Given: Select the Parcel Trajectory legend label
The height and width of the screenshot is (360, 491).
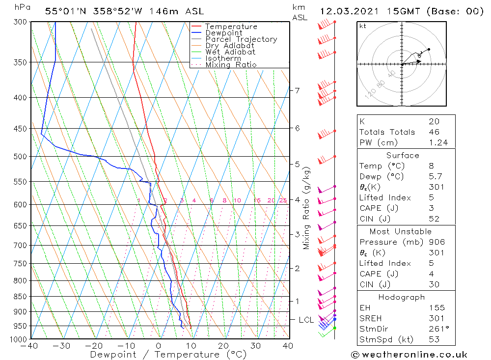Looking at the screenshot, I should pyautogui.click(x=241, y=39).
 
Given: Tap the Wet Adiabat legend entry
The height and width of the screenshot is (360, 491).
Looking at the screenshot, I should pyautogui.click(x=230, y=52).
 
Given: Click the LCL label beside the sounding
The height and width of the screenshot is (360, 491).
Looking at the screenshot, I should pyautogui.click(x=306, y=320).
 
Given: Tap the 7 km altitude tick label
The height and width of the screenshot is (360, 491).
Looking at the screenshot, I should pyautogui.click(x=297, y=90).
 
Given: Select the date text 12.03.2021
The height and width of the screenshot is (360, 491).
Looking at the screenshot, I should pyautogui.click(x=347, y=12).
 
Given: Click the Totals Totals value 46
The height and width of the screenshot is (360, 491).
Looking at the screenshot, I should pyautogui.click(x=434, y=132).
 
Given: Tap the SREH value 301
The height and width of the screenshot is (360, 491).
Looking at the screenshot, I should pyautogui.click(x=436, y=318).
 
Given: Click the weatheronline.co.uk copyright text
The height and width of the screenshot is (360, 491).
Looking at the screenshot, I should pyautogui.click(x=409, y=355).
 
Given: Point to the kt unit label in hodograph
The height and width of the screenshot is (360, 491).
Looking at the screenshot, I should pyautogui.click(x=363, y=26).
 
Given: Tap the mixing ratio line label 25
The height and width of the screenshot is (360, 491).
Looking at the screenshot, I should pyautogui.click(x=283, y=200).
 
